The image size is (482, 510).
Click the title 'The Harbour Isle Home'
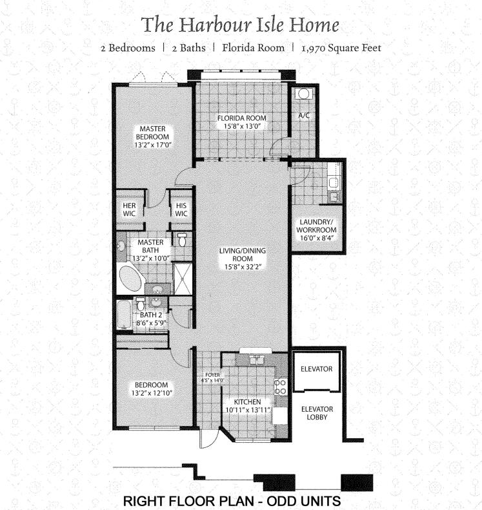click(241, 25)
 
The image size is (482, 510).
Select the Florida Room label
click(242, 118)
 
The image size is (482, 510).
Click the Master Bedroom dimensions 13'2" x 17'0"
click(153, 146)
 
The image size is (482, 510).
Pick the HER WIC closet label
click(129, 209)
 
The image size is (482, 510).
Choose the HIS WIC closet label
click(181, 209)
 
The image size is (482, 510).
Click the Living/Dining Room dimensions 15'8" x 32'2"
click(243, 267)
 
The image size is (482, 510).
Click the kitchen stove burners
click(281, 387)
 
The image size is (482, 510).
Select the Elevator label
click(316, 369)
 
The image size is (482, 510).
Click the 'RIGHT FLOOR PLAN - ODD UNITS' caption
click(232, 501)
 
